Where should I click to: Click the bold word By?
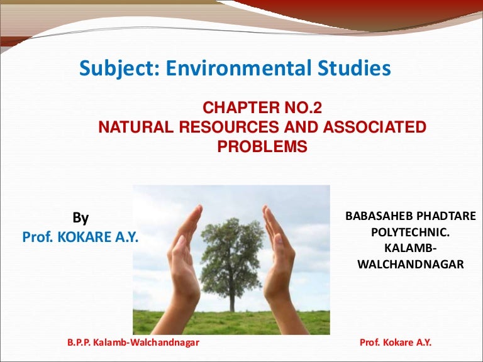pyautogui.click(x=80, y=218)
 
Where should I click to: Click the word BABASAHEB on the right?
pyautogui.click(x=380, y=216)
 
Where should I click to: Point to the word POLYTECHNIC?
pyautogui.click(x=411, y=233)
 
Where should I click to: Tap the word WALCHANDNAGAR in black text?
pyautogui.click(x=411, y=265)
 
